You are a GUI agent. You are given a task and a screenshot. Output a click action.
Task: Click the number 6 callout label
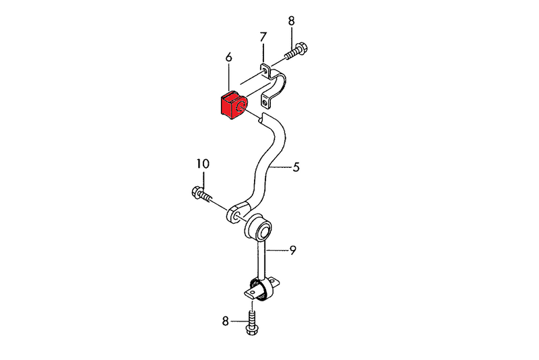coord(229,59)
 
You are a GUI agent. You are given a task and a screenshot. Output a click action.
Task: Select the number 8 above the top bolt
coord(291,21)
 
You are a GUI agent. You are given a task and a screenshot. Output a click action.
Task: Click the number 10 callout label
coord(203,163)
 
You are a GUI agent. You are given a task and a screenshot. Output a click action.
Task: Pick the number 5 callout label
coord(296,167)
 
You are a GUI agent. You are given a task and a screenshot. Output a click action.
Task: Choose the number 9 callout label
coord(293,251)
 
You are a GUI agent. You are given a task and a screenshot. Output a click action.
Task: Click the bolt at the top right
coord(296,51)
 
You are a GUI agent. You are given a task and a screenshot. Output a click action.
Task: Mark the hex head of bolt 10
coord(198,193)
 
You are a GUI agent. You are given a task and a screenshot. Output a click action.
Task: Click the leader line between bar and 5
coord(282,167)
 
